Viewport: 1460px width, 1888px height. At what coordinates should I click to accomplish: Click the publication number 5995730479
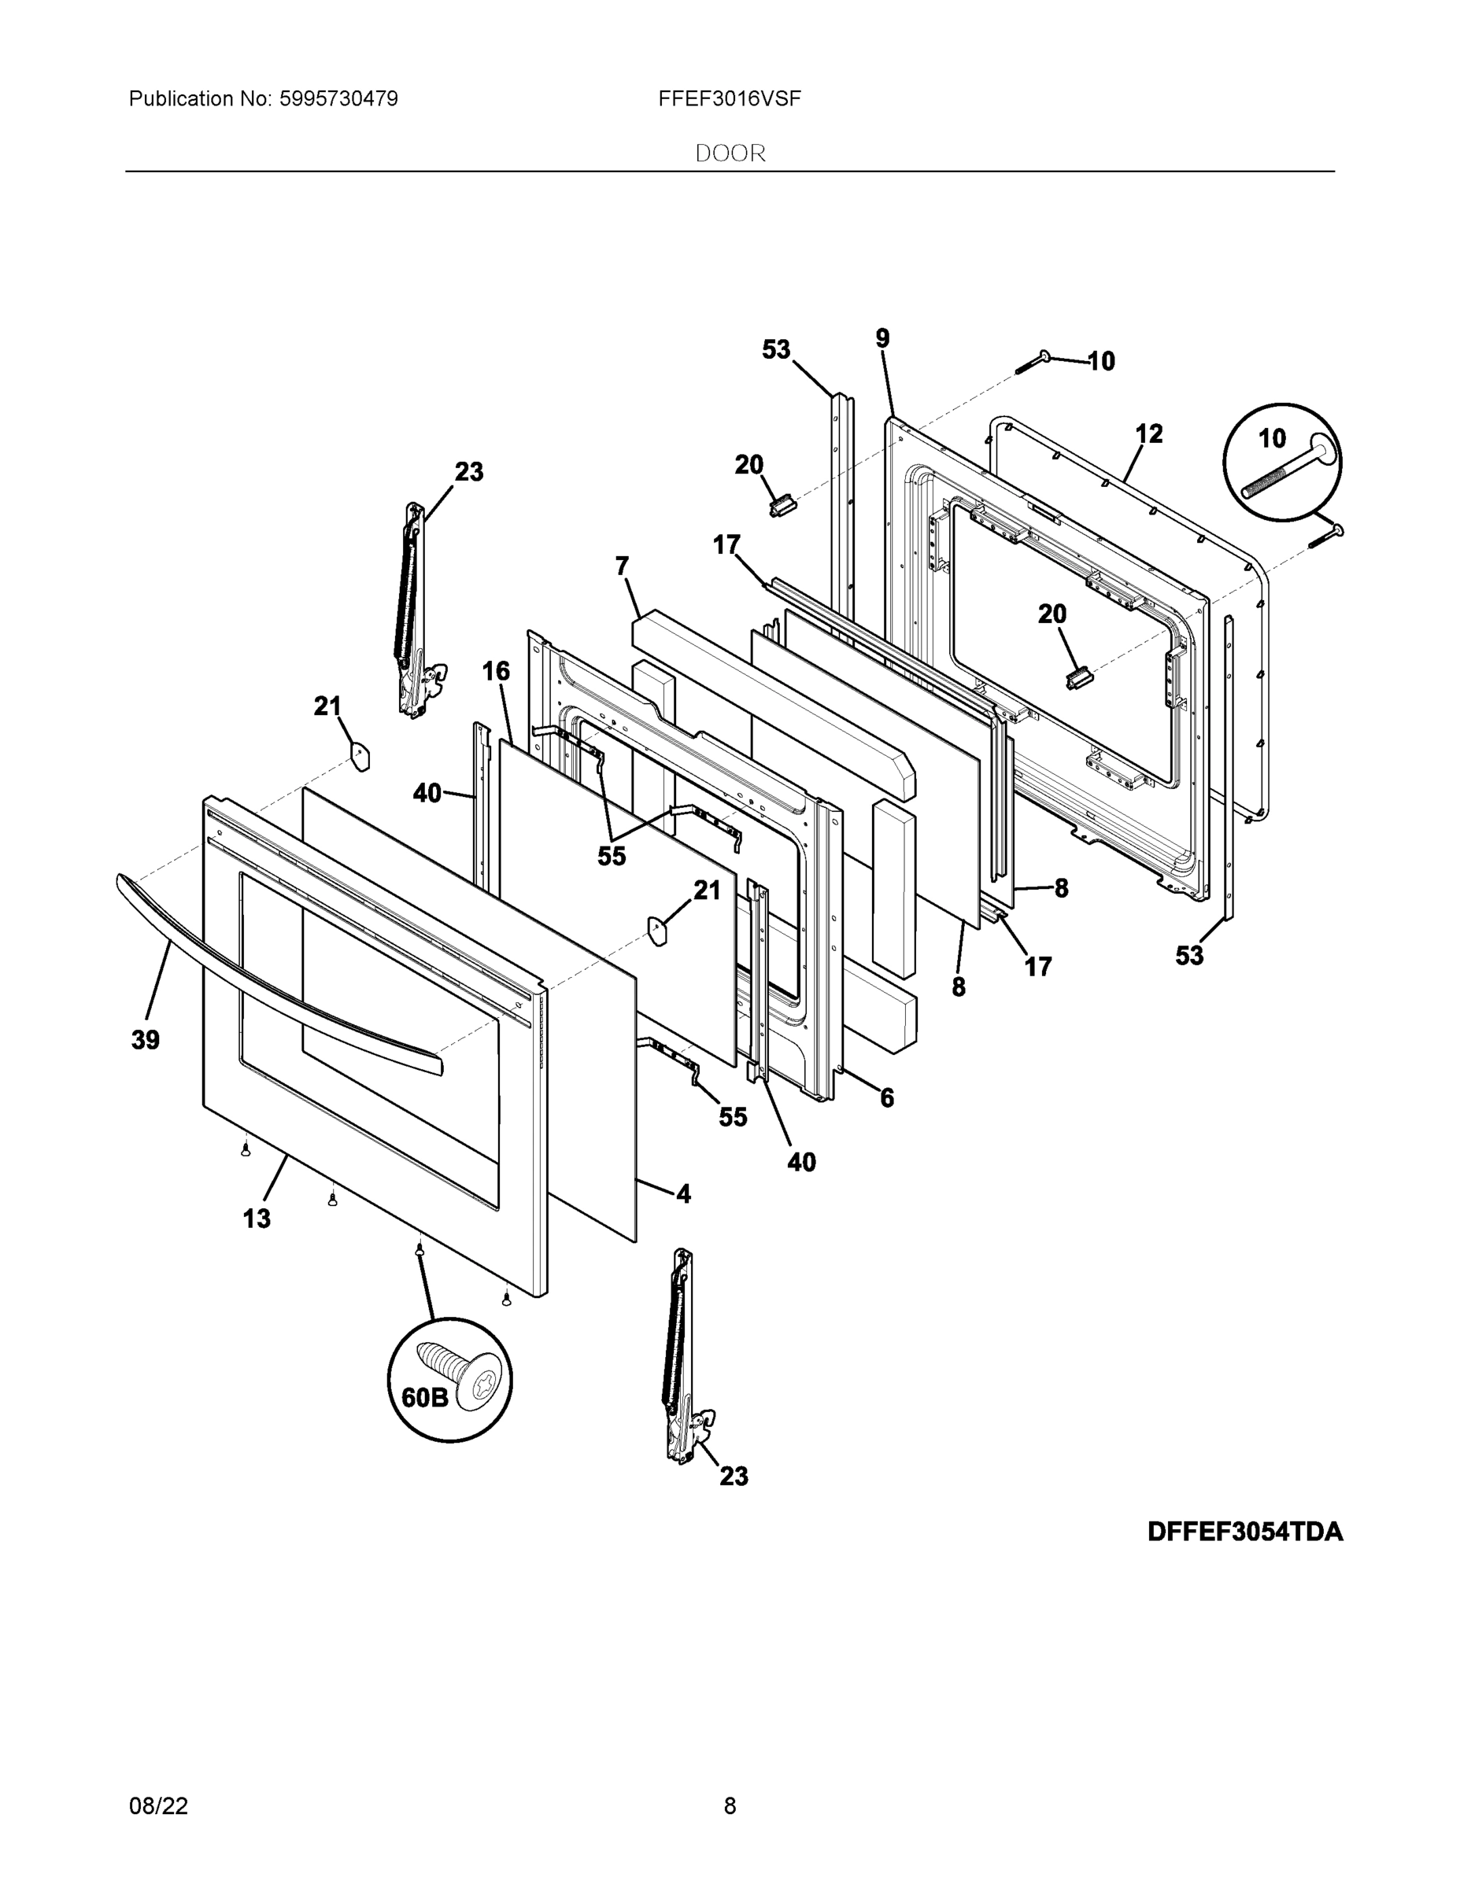pos(338,99)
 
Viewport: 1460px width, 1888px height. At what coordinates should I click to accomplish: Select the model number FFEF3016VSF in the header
pos(729,99)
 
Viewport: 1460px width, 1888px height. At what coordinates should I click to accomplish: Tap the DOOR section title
pos(730,154)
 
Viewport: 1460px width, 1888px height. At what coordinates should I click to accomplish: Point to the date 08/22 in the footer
pos(158,1806)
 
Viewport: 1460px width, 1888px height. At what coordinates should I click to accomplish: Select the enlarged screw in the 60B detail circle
pos(460,1374)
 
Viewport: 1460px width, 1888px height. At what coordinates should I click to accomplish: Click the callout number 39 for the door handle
pos(146,1040)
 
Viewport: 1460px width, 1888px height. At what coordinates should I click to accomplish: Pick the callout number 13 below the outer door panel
pos(257,1218)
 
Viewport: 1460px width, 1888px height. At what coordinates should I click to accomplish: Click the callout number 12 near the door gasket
pos(1148,433)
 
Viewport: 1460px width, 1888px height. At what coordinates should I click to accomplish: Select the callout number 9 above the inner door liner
pos(882,339)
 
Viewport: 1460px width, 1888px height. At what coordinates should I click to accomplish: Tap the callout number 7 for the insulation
pos(622,566)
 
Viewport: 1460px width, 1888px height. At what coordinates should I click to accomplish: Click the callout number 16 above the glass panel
pos(496,671)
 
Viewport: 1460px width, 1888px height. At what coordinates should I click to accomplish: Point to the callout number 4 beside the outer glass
pos(683,1194)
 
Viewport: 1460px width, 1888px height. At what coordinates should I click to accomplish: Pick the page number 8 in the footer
pos(730,1806)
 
